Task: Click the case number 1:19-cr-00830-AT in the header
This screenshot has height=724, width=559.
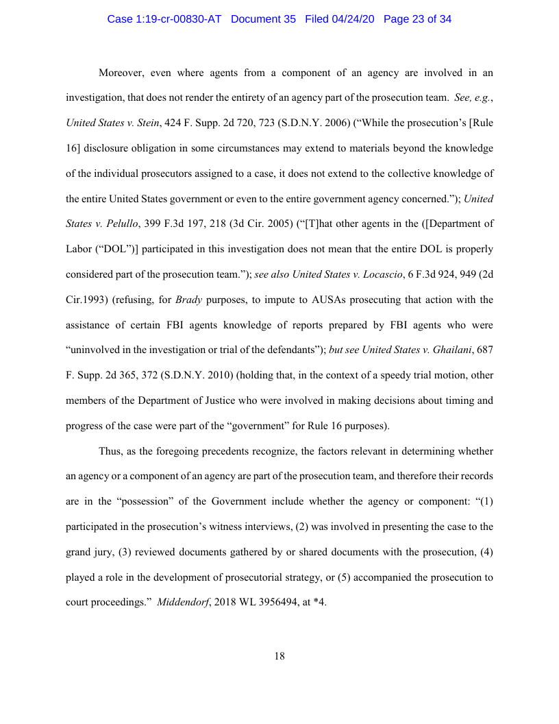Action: (164, 19)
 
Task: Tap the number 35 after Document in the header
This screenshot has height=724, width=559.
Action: (288, 19)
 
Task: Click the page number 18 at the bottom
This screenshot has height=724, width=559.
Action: (279, 656)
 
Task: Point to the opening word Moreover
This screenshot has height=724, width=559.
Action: (123, 73)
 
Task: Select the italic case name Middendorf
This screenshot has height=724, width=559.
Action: (184, 603)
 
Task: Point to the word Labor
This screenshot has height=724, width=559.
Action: (79, 249)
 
